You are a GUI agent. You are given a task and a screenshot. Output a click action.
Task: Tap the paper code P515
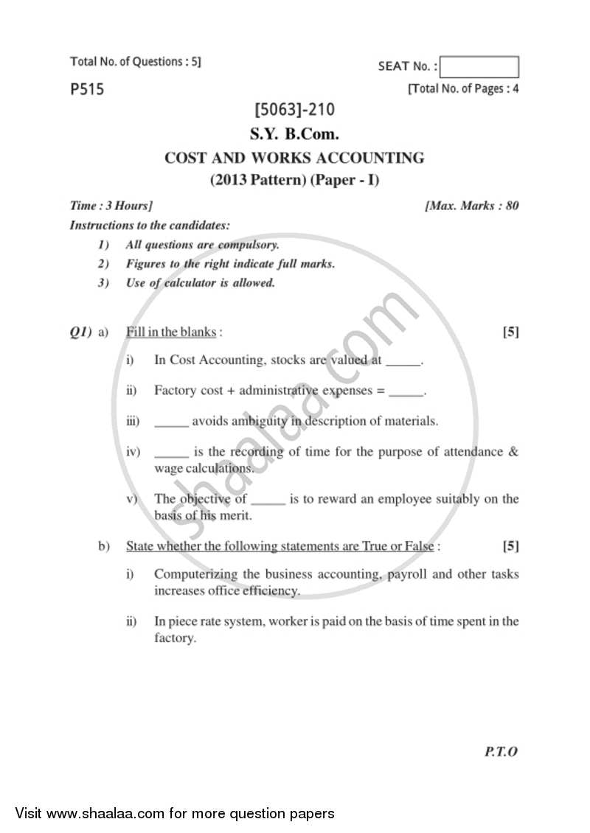pyautogui.click(x=87, y=90)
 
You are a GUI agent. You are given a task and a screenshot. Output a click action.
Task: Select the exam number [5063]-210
pyautogui.click(x=294, y=110)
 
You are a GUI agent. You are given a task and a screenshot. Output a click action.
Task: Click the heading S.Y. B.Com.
pyautogui.click(x=294, y=134)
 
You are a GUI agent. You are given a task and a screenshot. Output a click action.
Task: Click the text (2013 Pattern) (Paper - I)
pyautogui.click(x=294, y=179)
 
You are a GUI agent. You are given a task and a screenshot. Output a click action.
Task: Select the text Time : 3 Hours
pyautogui.click(x=111, y=206)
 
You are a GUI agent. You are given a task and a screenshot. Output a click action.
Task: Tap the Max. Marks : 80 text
pyautogui.click(x=472, y=206)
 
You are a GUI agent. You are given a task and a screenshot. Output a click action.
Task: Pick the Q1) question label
pyautogui.click(x=80, y=332)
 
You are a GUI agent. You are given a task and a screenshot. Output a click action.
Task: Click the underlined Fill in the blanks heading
pyautogui.click(x=172, y=332)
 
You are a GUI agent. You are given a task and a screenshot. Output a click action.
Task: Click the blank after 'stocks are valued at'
pyautogui.click(x=403, y=360)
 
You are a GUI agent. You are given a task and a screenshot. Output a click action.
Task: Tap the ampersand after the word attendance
pyautogui.click(x=513, y=452)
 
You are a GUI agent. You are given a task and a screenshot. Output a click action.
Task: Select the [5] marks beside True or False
pyautogui.click(x=510, y=546)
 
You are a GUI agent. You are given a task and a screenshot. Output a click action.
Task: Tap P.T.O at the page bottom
pyautogui.click(x=502, y=751)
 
